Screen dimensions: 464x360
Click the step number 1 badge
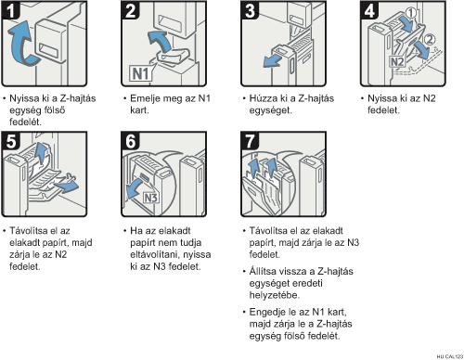10,10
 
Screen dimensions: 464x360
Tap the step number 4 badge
369,10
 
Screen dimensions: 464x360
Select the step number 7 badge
250,141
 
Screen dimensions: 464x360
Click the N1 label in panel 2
141,74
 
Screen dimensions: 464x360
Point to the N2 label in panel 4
397,61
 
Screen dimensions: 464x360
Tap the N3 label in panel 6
151,198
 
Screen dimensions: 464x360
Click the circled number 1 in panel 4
411,13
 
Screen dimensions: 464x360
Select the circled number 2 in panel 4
429,40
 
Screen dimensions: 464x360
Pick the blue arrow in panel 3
272,61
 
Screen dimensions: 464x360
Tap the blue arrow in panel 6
135,189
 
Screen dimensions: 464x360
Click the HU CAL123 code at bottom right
450,356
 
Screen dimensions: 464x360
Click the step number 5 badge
10,141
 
